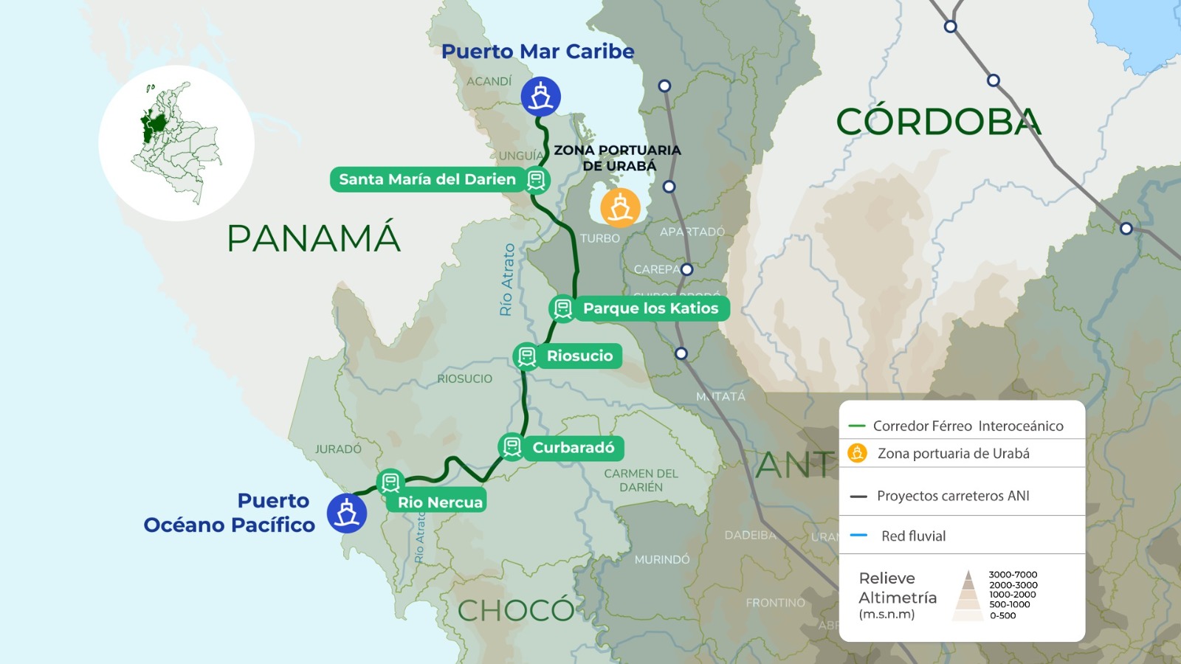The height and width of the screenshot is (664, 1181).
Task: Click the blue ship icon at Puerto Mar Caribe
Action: click(x=541, y=97)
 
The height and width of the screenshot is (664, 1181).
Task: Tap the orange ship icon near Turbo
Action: click(x=620, y=207)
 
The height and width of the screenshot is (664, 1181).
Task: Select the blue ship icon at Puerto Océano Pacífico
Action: click(x=347, y=513)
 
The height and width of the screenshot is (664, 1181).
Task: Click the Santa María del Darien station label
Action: click(x=427, y=179)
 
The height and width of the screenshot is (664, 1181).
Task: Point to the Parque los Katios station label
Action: click(x=650, y=308)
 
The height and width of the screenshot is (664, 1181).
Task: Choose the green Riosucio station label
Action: click(x=579, y=356)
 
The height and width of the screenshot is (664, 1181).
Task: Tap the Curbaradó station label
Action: click(x=574, y=448)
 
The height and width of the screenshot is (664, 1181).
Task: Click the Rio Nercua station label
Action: click(x=440, y=502)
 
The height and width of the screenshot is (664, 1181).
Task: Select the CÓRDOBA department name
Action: click(x=938, y=122)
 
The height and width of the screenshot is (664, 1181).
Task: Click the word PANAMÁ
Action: click(x=314, y=238)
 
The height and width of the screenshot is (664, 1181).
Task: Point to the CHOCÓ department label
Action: click(x=516, y=610)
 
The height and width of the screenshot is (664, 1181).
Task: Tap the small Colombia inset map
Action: click(x=176, y=143)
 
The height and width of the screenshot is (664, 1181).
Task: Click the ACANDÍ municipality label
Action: click(x=489, y=81)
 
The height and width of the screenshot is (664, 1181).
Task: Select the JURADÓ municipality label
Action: click(x=338, y=449)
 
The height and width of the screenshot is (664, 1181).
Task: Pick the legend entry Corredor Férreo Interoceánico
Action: click(x=968, y=426)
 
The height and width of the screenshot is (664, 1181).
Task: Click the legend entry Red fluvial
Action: click(x=913, y=536)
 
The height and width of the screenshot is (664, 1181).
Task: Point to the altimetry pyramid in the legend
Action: click(x=968, y=595)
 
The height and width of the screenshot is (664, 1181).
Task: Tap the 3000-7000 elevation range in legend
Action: click(x=1013, y=575)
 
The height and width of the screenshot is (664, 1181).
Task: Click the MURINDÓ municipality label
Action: click(x=662, y=560)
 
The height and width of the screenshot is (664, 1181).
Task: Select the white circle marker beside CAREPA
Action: click(x=687, y=269)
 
